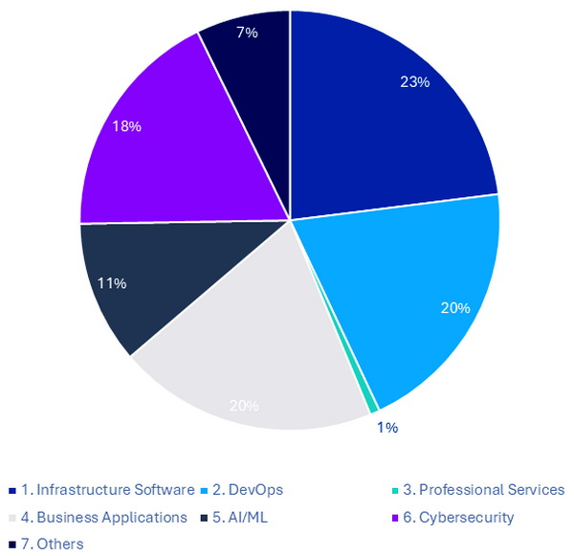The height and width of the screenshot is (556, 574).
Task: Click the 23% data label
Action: click(415, 82)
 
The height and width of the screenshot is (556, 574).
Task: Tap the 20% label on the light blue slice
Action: click(455, 308)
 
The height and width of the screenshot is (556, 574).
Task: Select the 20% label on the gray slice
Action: click(244, 406)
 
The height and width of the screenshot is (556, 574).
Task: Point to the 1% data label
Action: click(387, 427)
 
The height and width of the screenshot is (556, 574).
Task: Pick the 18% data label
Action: click(126, 127)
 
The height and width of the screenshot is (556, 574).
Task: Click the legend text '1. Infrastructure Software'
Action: click(107, 490)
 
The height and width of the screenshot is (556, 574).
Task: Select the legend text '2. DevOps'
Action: click(248, 490)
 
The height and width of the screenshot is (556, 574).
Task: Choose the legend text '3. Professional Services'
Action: click(483, 490)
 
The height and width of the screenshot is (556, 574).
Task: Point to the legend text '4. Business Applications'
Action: click(103, 517)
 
